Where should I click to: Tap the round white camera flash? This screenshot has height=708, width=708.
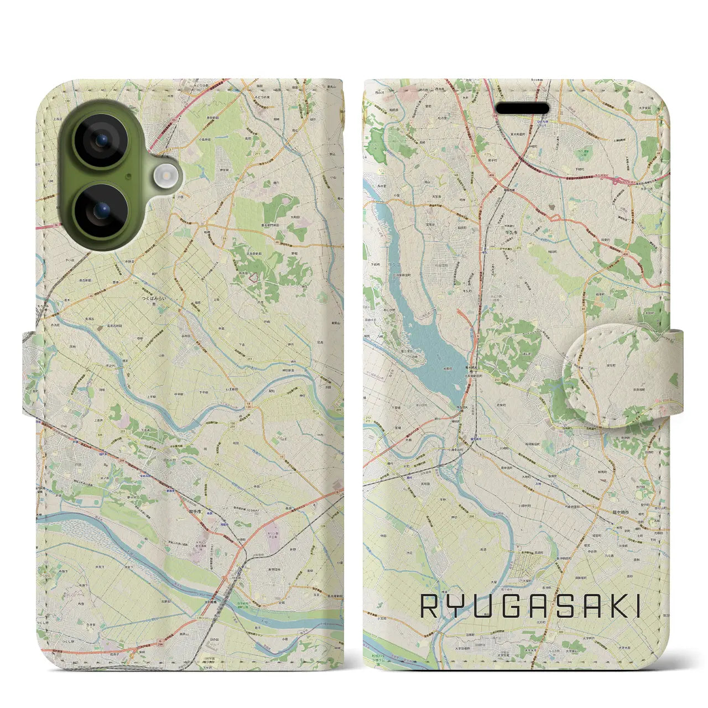[x=164, y=177]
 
